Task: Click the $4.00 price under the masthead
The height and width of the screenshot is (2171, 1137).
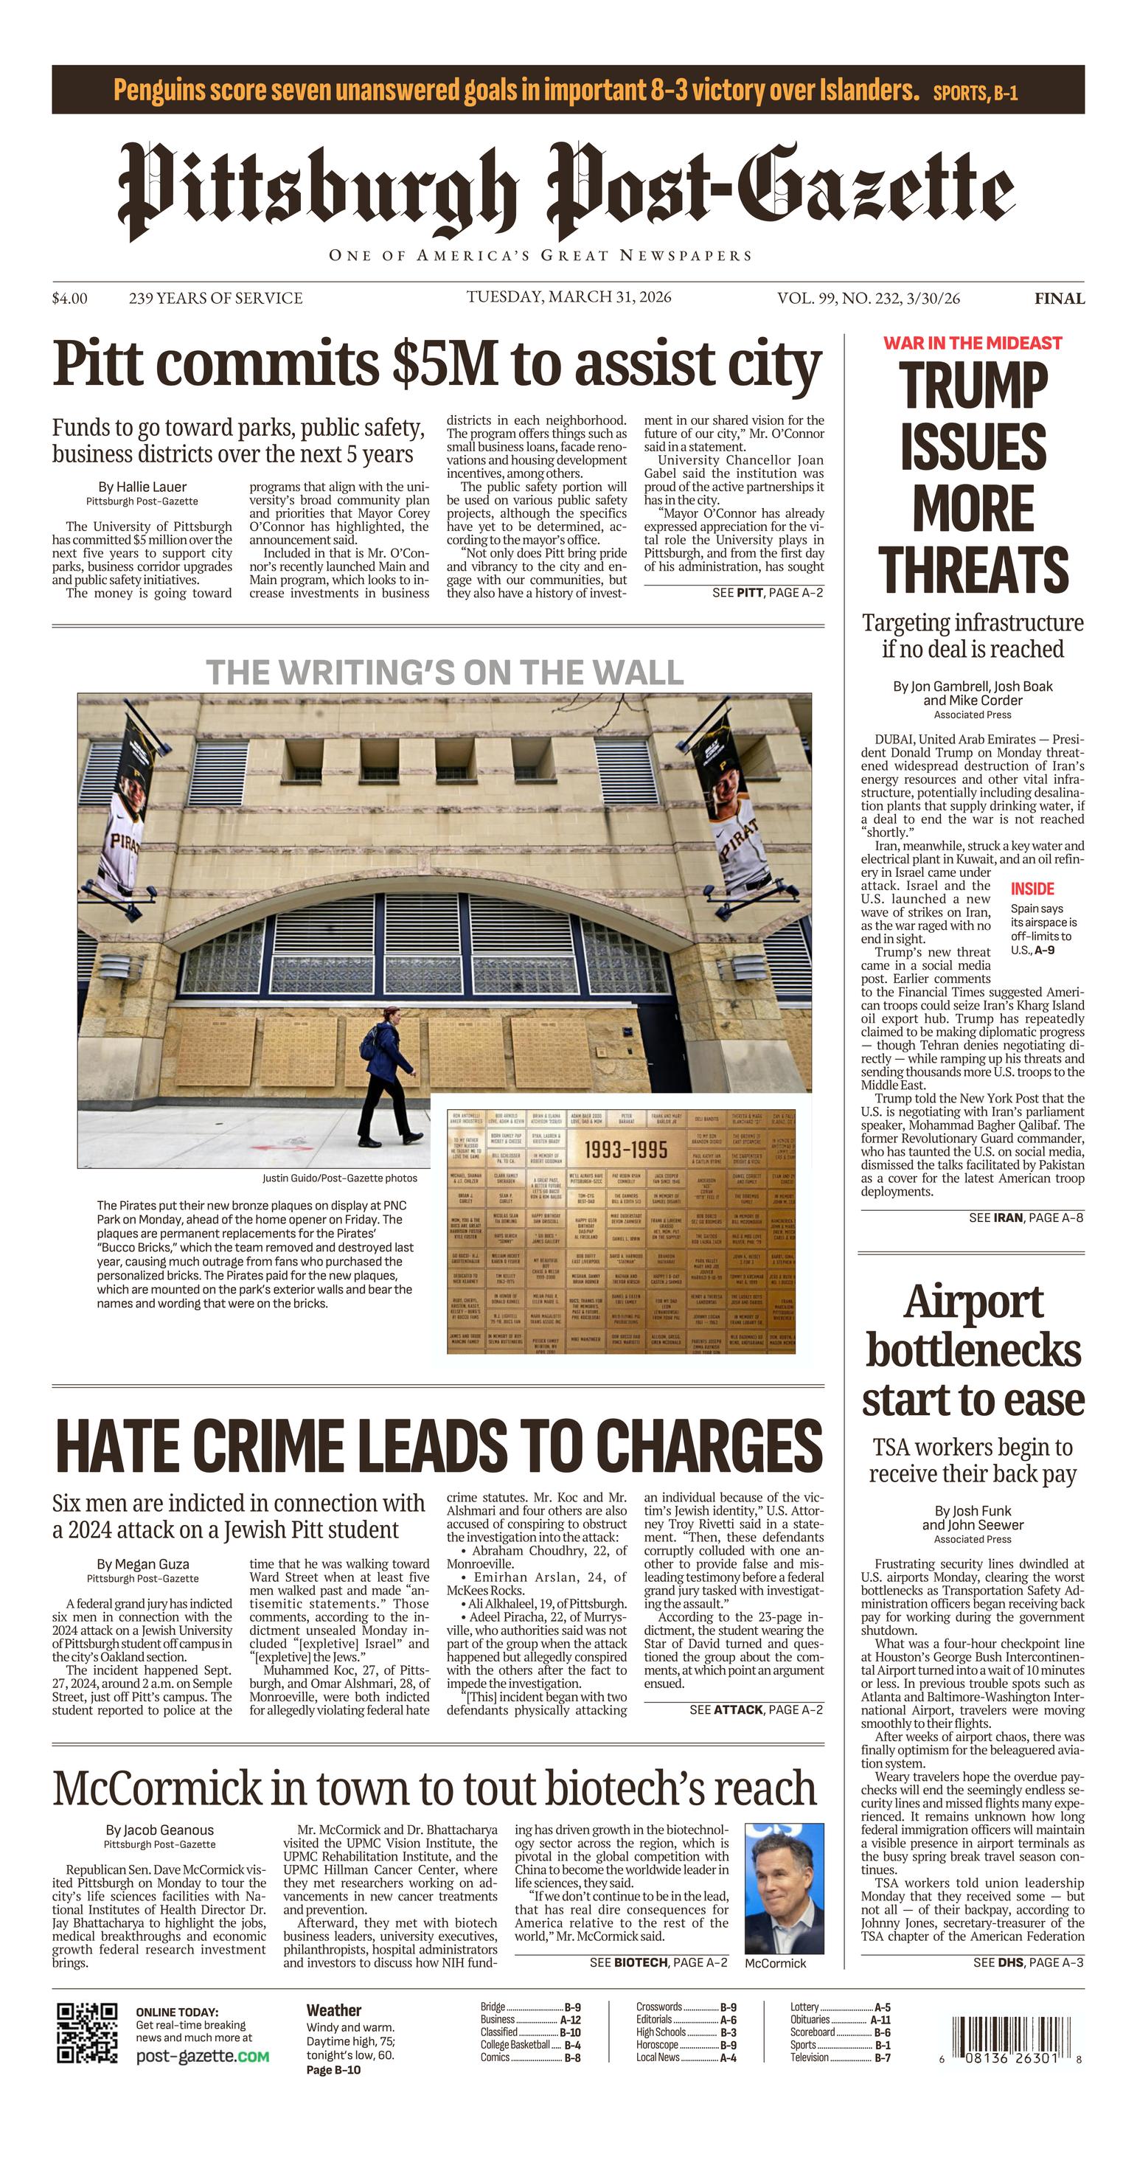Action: [x=69, y=299]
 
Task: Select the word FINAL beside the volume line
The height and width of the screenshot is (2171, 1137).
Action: [x=1060, y=299]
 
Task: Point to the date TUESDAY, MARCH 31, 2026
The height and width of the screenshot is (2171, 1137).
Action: [x=569, y=296]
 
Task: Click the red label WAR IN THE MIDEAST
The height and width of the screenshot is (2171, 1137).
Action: [x=972, y=343]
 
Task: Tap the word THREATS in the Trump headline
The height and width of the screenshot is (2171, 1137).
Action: [x=973, y=570]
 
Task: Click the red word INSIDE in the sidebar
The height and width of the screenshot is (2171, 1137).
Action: [x=1032, y=889]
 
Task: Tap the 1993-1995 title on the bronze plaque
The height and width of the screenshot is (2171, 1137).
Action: [x=625, y=1150]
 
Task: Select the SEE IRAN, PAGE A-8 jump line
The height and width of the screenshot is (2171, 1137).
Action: [x=1026, y=1217]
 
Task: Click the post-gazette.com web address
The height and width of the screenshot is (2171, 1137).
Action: [x=202, y=2057]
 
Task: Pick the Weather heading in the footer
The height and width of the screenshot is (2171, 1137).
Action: [x=333, y=2011]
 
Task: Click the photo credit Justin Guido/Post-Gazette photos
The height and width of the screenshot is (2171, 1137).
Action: [x=339, y=1178]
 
